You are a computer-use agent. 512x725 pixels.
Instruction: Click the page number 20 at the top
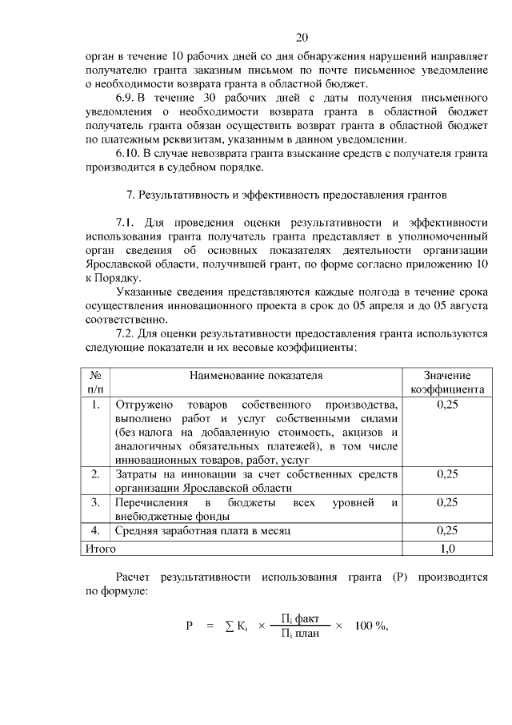[x=301, y=37]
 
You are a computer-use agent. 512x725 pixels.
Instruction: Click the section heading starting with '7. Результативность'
[x=286, y=195]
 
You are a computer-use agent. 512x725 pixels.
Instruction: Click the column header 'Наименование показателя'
[x=256, y=375]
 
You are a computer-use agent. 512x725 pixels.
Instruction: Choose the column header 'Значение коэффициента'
[x=446, y=382]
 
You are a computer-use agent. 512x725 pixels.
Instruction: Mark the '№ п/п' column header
[x=95, y=382]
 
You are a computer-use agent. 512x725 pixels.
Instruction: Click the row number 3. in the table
[x=95, y=502]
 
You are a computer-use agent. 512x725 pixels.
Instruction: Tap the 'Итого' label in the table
[x=101, y=549]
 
